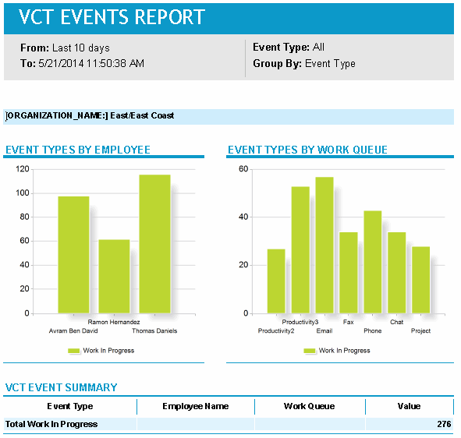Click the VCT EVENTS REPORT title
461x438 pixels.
click(112, 17)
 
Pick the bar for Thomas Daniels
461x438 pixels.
click(154, 243)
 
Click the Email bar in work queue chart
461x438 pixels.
click(324, 245)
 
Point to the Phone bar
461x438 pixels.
click(372, 262)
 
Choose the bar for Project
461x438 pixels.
click(420, 280)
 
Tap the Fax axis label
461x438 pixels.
click(348, 322)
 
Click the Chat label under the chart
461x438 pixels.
click(396, 322)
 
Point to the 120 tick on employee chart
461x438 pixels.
click(22, 169)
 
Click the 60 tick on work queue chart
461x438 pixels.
click(243, 169)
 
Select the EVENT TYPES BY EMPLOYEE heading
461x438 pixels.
click(78, 150)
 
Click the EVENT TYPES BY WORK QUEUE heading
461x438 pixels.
click(307, 150)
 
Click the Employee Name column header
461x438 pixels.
click(195, 406)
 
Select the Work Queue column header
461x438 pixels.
click(309, 406)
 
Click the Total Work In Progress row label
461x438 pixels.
click(51, 424)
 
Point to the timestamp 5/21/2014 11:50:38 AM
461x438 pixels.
click(90, 64)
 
